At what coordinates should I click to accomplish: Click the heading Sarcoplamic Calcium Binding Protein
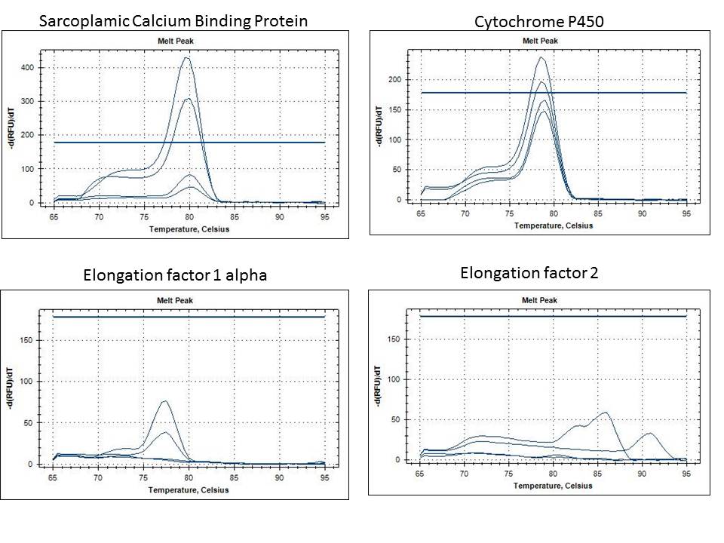coord(173,20)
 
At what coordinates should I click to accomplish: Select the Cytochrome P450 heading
coord(539,22)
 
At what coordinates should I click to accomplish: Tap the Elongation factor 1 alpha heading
coord(174,275)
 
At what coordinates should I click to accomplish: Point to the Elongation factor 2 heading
coord(529,273)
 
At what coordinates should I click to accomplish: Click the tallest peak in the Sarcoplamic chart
coord(186,58)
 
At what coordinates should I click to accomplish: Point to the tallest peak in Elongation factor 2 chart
coord(605,413)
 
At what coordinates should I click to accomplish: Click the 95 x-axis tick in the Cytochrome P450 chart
coord(686,214)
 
